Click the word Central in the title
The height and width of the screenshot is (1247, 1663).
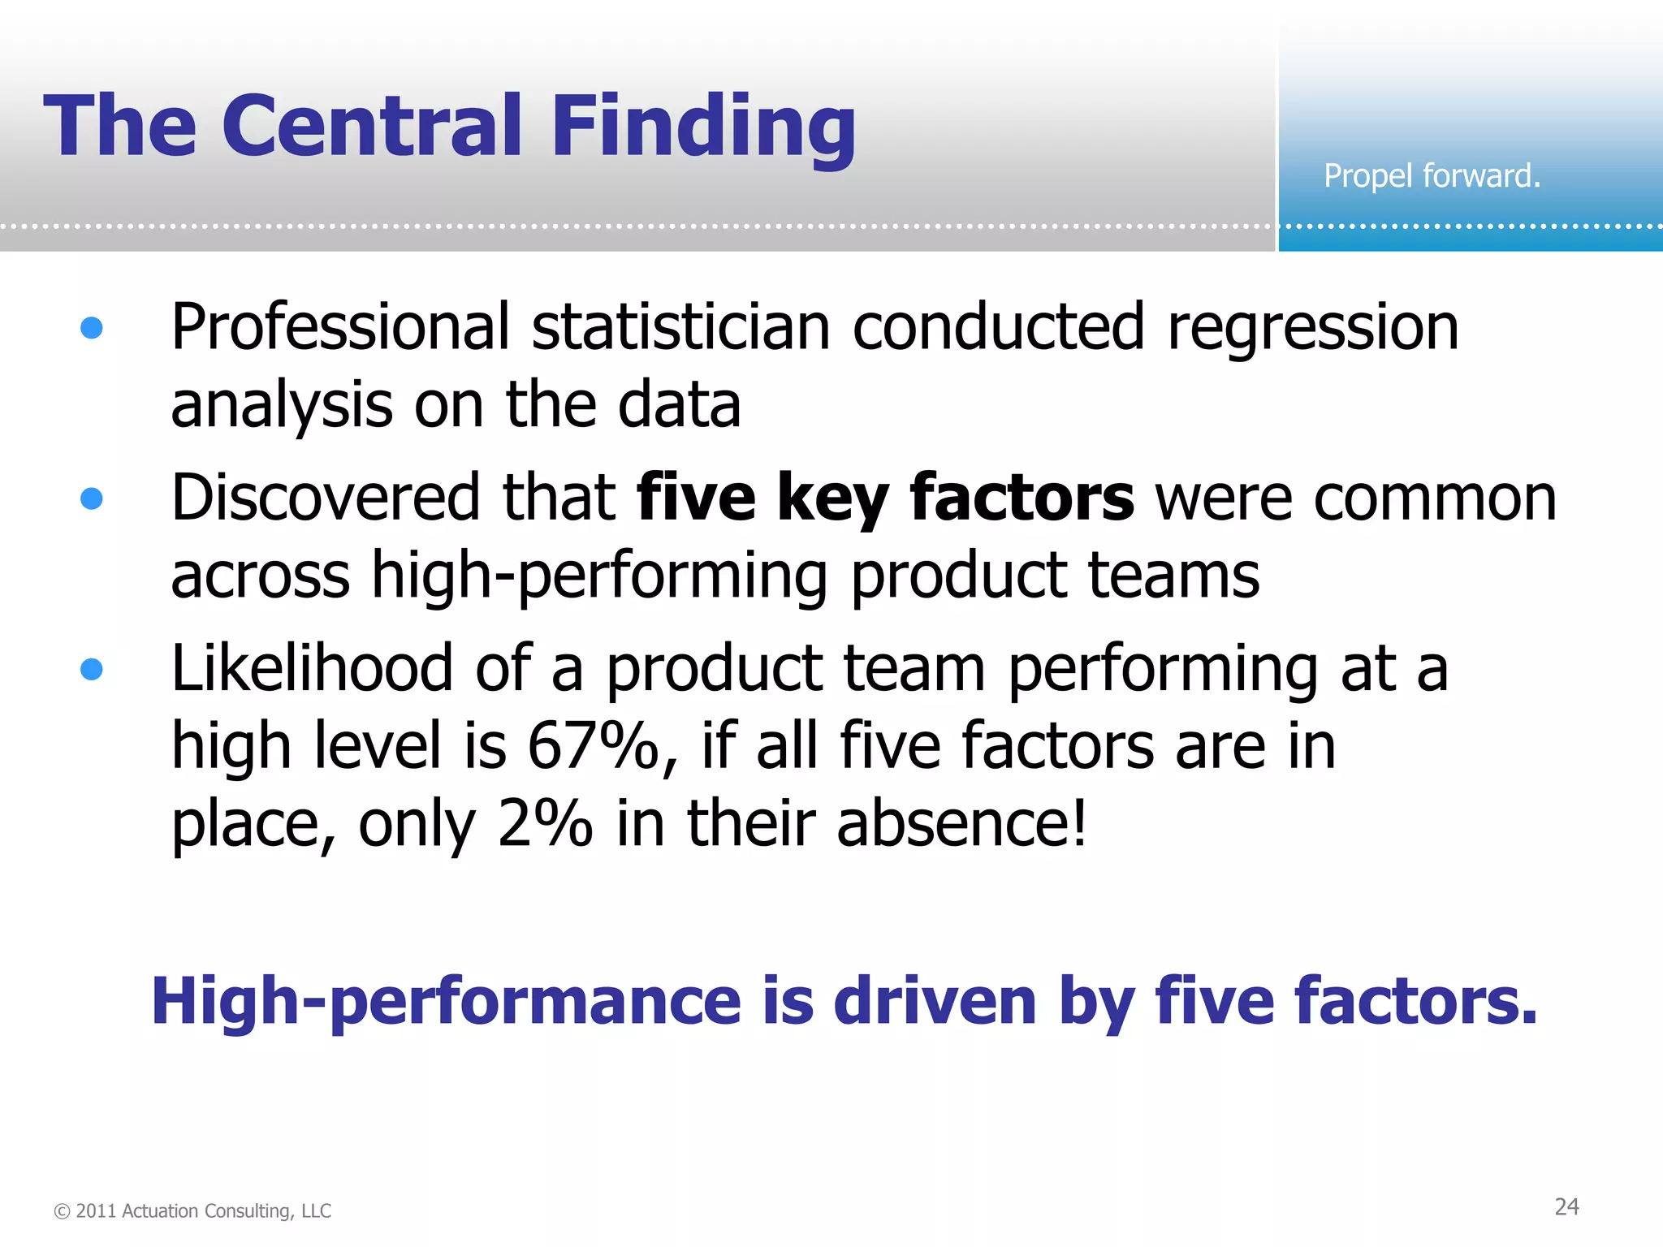[x=372, y=126]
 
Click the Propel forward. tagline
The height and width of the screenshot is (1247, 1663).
[x=1432, y=176]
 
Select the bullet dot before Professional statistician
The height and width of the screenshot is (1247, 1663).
[x=92, y=327]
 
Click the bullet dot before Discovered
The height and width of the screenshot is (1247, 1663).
[x=92, y=498]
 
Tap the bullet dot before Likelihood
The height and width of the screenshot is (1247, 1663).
[x=92, y=669]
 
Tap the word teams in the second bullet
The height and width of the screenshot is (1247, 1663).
[x=1173, y=576]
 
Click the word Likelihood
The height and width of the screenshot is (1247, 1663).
[x=311, y=668]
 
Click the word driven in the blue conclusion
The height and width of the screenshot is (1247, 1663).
[x=935, y=1001]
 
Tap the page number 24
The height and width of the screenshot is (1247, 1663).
[x=1566, y=1207]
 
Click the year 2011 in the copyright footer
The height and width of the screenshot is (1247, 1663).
[x=97, y=1211]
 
